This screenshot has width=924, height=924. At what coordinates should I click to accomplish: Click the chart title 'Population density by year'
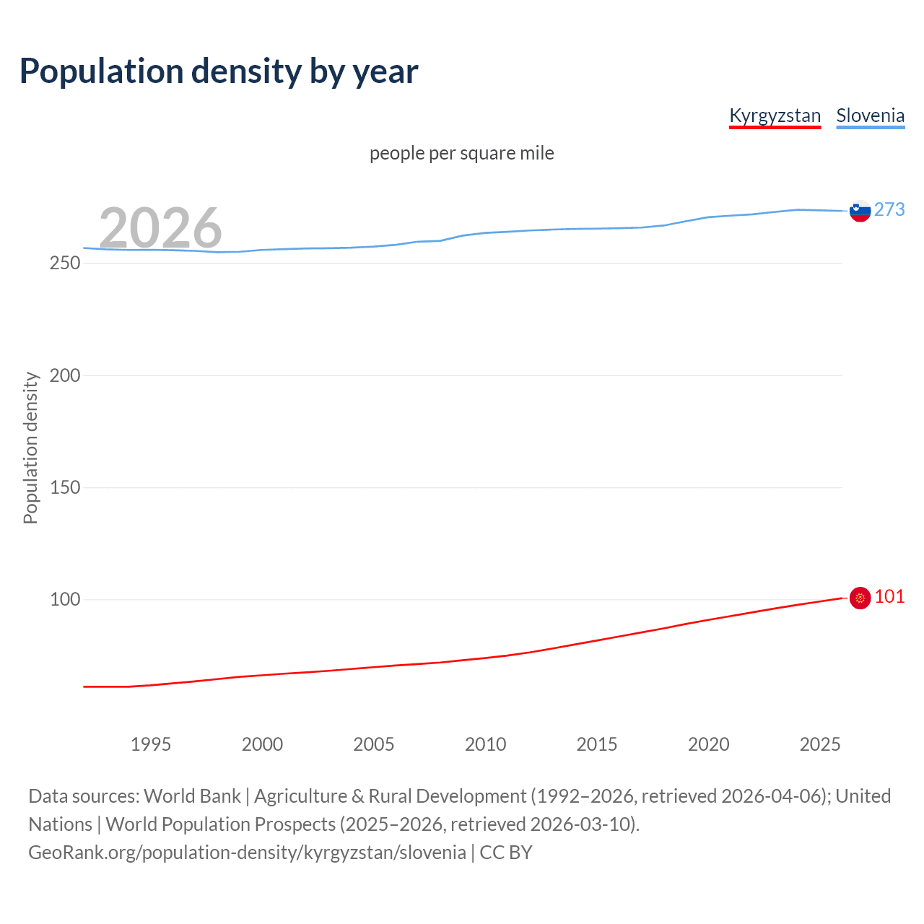[219, 71]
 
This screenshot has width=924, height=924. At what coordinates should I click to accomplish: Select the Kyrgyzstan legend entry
[775, 115]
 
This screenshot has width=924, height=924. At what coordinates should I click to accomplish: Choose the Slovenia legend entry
[870, 115]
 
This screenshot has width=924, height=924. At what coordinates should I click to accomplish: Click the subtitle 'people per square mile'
[461, 153]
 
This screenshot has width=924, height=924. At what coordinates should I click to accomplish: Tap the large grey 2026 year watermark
[160, 228]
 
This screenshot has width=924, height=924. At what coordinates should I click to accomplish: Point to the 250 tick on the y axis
[65, 263]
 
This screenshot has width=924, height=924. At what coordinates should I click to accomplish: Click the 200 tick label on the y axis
[65, 375]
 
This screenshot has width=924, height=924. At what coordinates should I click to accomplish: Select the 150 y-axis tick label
[65, 487]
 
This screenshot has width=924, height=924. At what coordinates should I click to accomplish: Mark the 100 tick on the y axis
[65, 599]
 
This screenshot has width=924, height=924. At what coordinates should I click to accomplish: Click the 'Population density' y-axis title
[30, 448]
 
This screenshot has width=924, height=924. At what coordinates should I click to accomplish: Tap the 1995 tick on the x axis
[150, 744]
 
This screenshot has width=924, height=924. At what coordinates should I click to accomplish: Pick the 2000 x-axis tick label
[262, 744]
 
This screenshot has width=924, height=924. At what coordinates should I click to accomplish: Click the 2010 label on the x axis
[485, 744]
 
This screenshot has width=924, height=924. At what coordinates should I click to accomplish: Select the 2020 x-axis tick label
[708, 744]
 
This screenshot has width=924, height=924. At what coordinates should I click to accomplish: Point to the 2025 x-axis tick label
[820, 744]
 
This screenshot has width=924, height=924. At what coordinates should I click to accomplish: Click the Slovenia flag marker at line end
[860, 211]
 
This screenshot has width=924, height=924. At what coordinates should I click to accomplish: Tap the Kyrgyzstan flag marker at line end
[860, 598]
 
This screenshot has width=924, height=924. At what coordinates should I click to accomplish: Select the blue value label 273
[889, 209]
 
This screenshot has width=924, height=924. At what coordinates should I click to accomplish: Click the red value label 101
[889, 596]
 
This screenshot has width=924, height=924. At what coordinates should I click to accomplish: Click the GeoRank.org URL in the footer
[247, 853]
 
